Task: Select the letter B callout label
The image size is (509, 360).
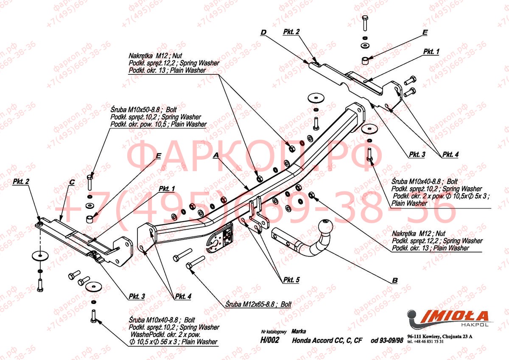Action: pyautogui.click(x=394, y=280)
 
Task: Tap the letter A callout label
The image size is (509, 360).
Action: pyautogui.click(x=215, y=156)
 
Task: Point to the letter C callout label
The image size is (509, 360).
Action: pyautogui.click(x=72, y=182)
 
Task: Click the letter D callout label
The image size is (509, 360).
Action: pyautogui.click(x=263, y=32)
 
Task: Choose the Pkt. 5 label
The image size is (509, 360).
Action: pyautogui.click(x=291, y=280)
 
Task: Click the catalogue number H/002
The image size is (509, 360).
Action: pyautogui.click(x=269, y=340)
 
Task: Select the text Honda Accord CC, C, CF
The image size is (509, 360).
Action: pyautogui.click(x=327, y=340)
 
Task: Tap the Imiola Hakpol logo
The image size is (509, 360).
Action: pyautogui.click(x=447, y=318)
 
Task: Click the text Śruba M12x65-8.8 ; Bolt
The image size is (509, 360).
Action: pyautogui.click(x=258, y=304)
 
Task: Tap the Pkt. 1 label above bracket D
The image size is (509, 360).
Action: pyautogui.click(x=431, y=51)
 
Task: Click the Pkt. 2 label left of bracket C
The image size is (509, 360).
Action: pyautogui.click(x=21, y=182)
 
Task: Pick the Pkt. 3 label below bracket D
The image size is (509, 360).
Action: pyautogui.click(x=417, y=155)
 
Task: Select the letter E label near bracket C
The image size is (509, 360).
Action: pyautogui.click(x=158, y=155)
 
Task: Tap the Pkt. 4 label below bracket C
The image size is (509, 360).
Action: pyautogui.click(x=183, y=296)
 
